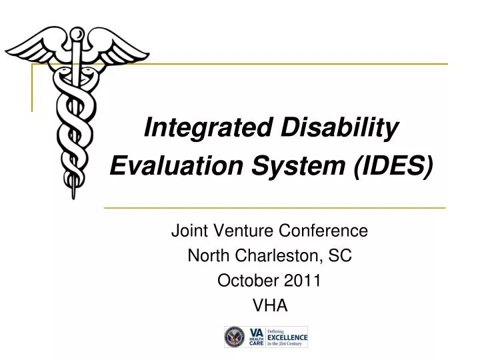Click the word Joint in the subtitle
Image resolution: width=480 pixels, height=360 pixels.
(x=188, y=231)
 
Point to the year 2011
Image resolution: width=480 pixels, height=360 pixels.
(x=303, y=281)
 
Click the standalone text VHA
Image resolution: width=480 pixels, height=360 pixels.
(x=270, y=305)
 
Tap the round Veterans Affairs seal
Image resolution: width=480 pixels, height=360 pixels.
(x=235, y=338)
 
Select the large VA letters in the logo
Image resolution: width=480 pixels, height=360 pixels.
(x=256, y=333)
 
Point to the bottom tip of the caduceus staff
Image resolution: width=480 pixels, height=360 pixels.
(x=73, y=196)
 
